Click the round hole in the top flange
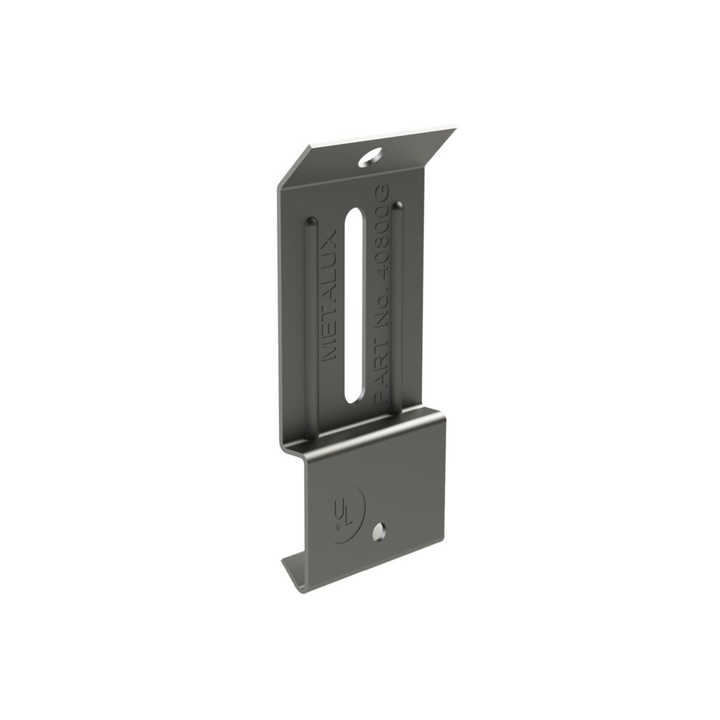coord(370,157)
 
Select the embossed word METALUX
coord(329,295)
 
